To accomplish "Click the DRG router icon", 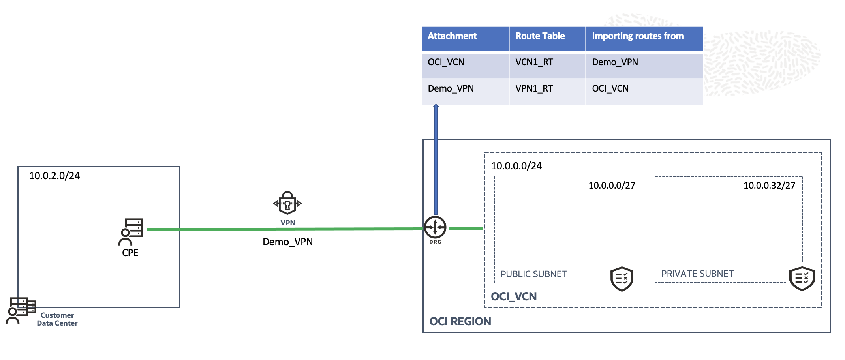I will [435, 227].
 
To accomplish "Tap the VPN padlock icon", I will [287, 203].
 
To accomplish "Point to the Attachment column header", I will [453, 36].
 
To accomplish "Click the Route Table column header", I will [540, 36].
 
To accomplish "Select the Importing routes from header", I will [638, 36].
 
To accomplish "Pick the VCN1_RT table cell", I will [534, 62].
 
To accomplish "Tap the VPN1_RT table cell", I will [534, 89].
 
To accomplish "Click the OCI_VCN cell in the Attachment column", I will [446, 62].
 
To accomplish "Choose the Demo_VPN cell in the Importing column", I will [615, 62].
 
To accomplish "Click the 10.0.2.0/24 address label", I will [54, 176].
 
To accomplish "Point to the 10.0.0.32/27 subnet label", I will [769, 186].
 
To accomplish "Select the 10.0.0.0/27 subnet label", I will [612, 186].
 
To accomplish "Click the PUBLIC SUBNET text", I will [534, 274].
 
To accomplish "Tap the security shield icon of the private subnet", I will [802, 279].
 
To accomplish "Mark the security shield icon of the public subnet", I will [622, 279].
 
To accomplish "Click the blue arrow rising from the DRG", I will [436, 158].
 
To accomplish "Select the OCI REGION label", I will [460, 322].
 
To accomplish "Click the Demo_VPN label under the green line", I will [288, 242].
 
